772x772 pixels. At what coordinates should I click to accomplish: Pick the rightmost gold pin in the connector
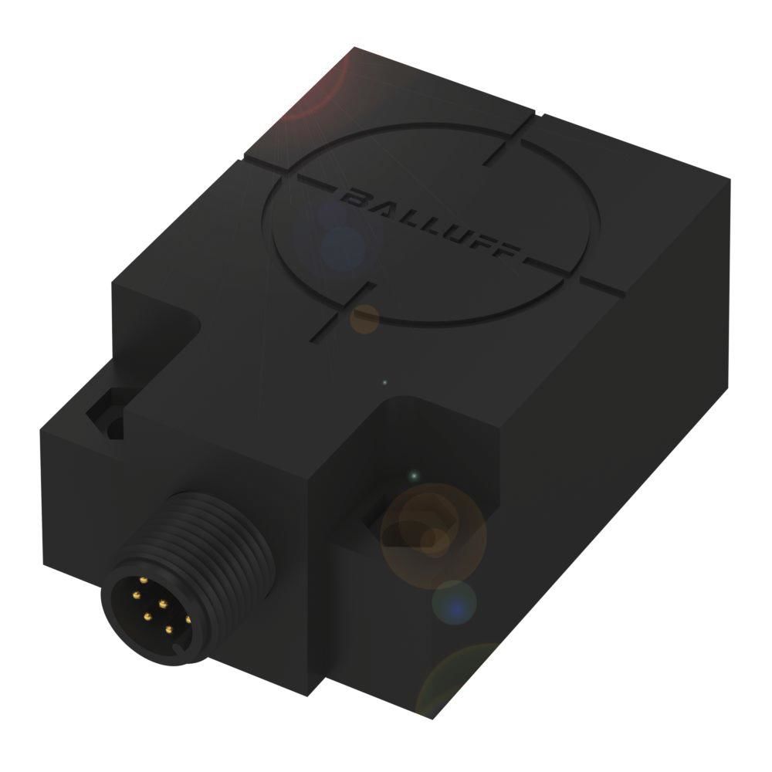[x=188, y=619]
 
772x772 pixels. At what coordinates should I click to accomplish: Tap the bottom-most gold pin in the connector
[x=169, y=629]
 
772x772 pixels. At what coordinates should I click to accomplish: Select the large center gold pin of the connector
[x=162, y=603]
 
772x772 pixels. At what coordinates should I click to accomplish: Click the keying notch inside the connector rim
[x=183, y=652]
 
